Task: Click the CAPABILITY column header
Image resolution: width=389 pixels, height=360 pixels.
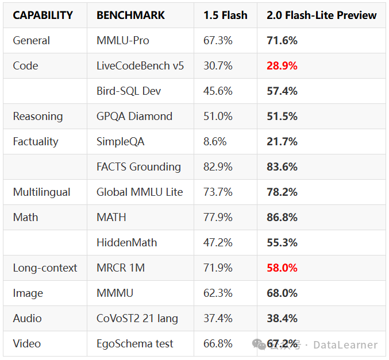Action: coord(43,15)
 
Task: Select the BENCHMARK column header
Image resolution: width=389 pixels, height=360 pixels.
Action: coord(130,15)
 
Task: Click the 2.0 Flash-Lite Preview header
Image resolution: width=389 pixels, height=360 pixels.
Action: coord(322,15)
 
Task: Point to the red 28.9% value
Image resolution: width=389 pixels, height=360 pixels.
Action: coord(282,66)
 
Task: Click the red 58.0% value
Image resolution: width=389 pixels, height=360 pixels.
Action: coord(282,268)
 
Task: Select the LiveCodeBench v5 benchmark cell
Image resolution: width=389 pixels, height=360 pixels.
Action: coord(140,66)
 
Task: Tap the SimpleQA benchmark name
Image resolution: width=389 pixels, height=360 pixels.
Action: coord(121,142)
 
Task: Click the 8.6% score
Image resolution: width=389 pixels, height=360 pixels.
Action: coord(215,142)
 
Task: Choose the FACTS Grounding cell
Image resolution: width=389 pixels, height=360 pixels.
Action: coord(138,167)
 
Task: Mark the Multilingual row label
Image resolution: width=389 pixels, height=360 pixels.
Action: coord(41,192)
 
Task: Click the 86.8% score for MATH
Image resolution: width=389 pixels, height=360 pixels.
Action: coord(282,218)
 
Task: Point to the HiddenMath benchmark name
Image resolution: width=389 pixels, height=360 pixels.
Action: coord(126,243)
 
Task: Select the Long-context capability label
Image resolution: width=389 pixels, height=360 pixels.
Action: coord(45,268)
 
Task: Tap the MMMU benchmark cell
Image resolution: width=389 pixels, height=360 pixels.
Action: coord(115,293)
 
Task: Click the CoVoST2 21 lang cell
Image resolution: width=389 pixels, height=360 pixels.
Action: coord(137,319)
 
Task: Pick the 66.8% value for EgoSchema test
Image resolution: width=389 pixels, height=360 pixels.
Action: coord(218,344)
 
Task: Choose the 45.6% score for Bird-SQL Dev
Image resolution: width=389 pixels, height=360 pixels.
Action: coord(218,91)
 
